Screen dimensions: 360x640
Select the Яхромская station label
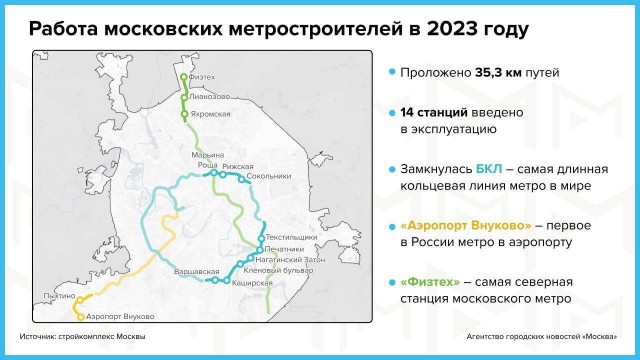(211, 114)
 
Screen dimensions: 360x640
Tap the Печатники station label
(285, 247)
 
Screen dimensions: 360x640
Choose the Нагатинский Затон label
(292, 258)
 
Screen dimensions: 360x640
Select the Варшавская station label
(195, 271)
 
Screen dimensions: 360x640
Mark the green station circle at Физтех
(183, 77)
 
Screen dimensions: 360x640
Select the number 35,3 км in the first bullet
(487, 73)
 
